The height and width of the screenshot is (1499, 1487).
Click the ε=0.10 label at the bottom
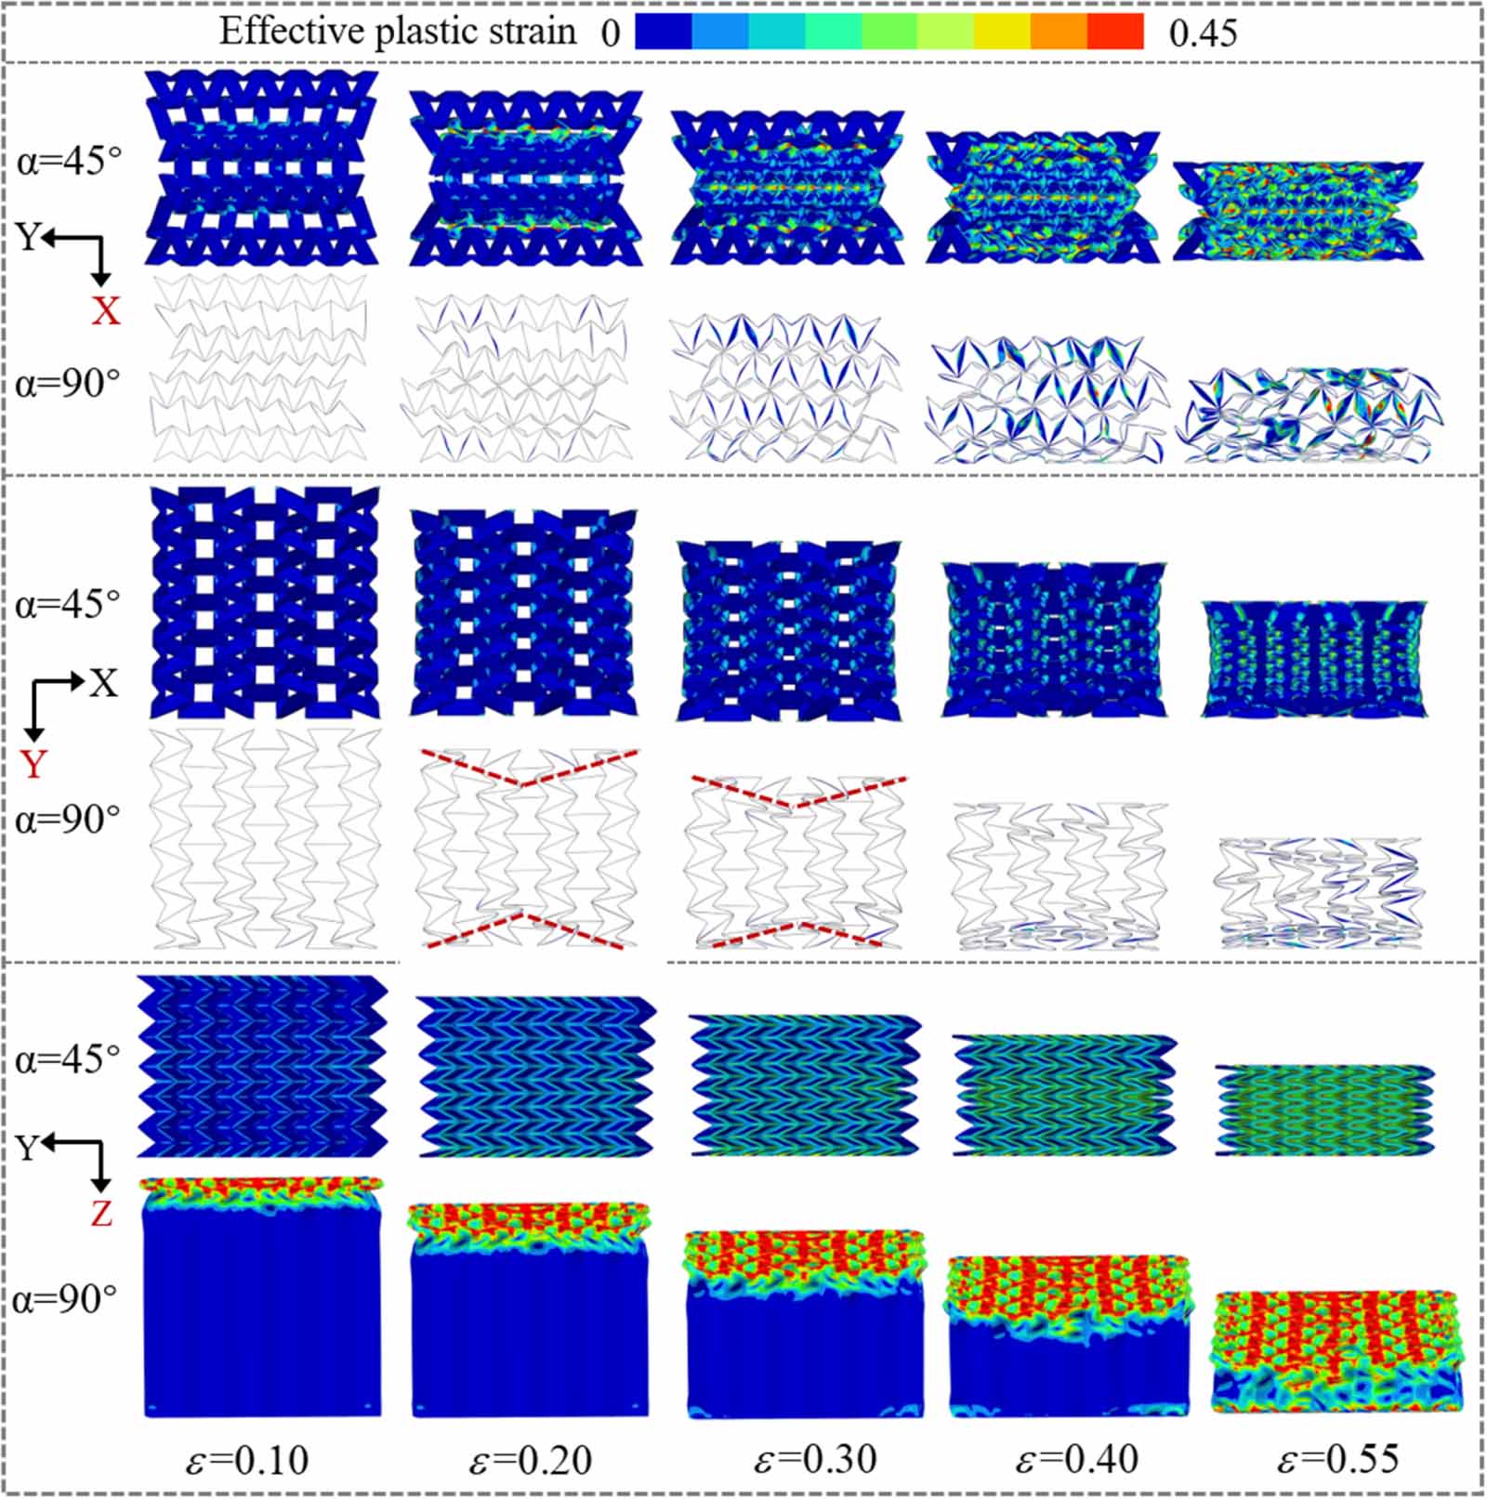point(246,1459)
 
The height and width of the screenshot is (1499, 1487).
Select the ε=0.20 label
point(530,1459)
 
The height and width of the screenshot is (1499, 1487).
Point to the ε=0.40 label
point(1076,1459)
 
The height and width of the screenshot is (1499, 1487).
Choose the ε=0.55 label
point(1337,1459)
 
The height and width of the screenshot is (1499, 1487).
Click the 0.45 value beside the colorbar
point(1203,34)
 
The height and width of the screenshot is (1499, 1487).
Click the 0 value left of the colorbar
point(610,34)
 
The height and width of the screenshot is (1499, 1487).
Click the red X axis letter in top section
point(105,310)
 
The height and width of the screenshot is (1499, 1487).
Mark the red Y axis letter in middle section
point(33,764)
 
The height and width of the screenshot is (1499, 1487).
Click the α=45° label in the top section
point(69,161)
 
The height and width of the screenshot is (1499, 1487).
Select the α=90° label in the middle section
point(67,820)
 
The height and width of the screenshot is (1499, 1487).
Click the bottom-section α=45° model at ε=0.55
point(1324,1111)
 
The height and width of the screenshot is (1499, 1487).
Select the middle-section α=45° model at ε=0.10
point(264,601)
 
